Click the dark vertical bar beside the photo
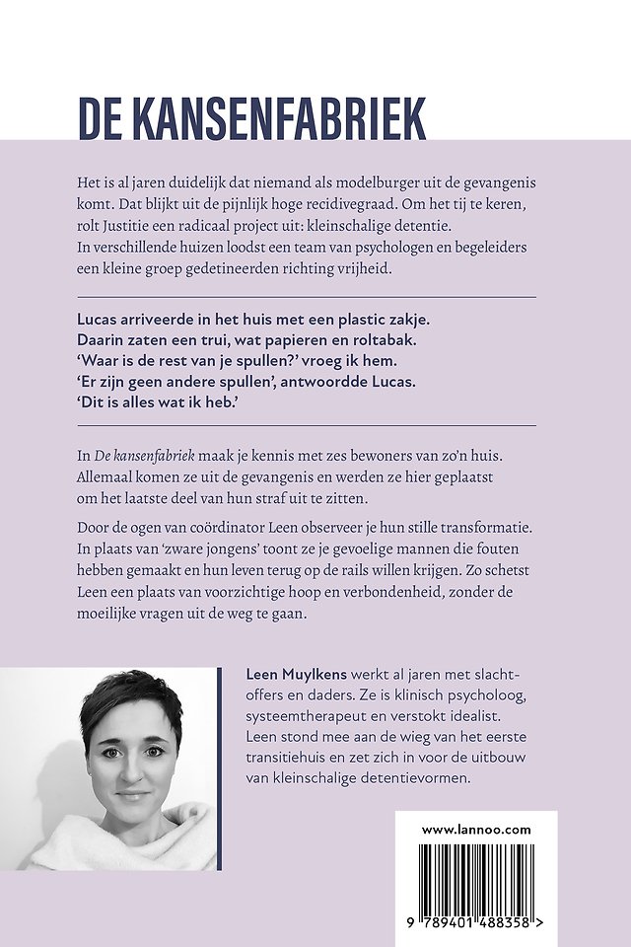tap(216, 768)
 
